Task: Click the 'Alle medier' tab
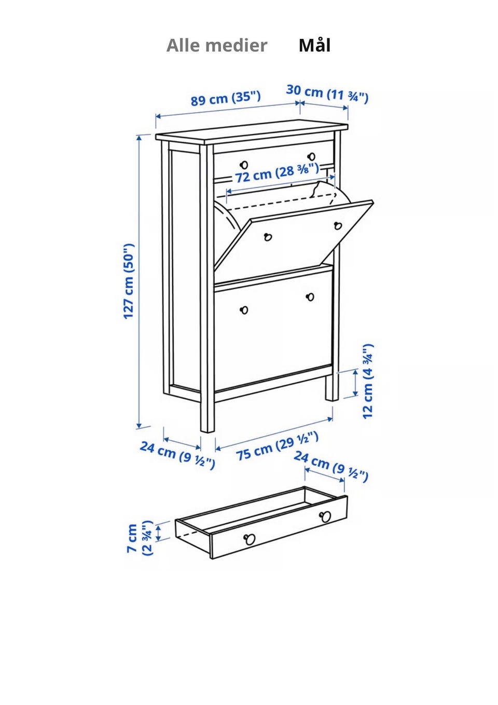pos(217,45)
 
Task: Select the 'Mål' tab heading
pos(314,45)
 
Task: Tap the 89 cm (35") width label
pos(226,98)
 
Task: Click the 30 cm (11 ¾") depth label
pos(327,93)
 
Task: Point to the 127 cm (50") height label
pos(129,281)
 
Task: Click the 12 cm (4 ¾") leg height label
pos(367,381)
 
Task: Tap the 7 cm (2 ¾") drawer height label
pos(139,538)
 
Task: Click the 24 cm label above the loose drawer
pos(331,467)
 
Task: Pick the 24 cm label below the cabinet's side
pos(177,455)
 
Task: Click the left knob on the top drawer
pos(244,165)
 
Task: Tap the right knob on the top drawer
pos(311,156)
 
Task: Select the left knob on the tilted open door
pos(268,237)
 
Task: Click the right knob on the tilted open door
pos(338,225)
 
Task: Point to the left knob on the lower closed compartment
pos(244,310)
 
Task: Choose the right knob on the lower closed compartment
pos(310,297)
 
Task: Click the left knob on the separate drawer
pos(250,539)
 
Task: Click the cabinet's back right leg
pos(333,387)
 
